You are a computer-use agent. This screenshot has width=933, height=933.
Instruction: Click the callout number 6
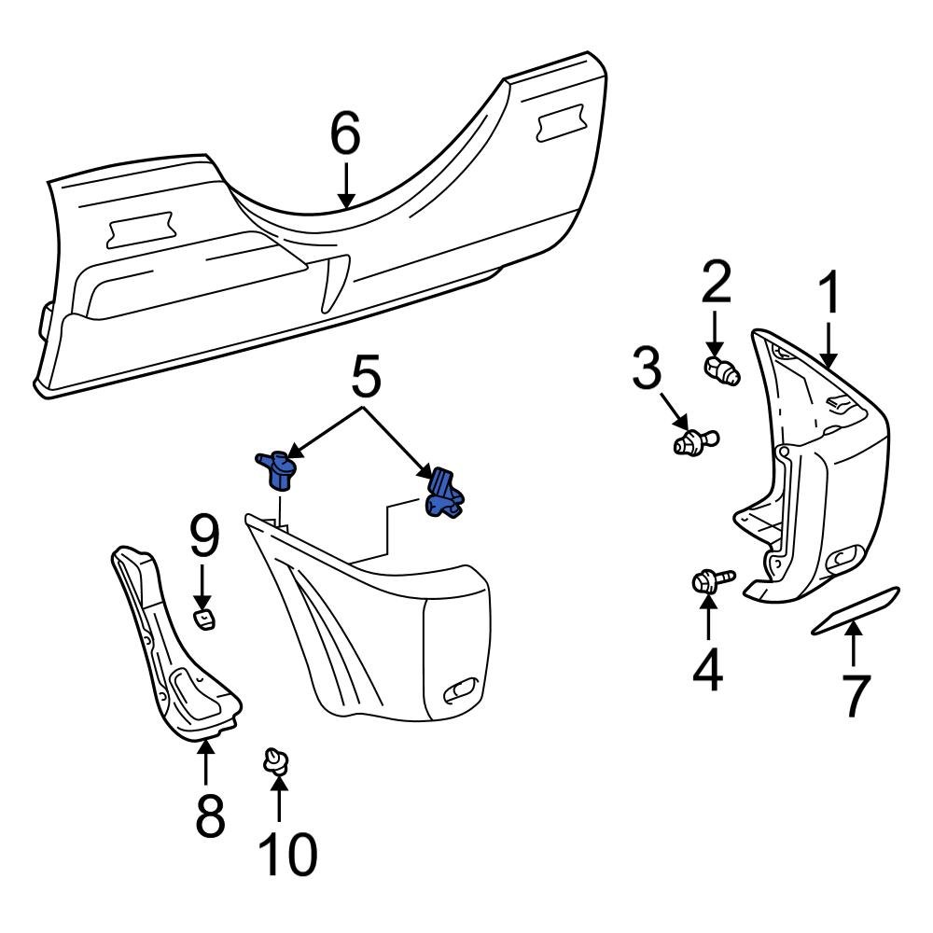point(345,136)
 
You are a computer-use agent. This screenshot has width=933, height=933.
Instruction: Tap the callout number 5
point(366,379)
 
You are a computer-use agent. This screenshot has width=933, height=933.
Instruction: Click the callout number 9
point(204,538)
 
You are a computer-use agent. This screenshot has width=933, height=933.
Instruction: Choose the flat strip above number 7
point(855,611)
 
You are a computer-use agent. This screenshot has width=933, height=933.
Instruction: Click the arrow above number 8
point(206,760)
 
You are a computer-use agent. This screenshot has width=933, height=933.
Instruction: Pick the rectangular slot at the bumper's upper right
point(561,126)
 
